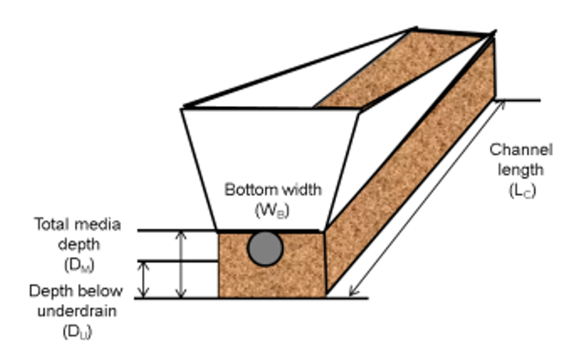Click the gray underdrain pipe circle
pos(265,249)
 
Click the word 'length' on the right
pos(521,168)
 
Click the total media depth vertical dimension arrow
pos(181,265)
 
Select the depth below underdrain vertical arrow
pos(143,279)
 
